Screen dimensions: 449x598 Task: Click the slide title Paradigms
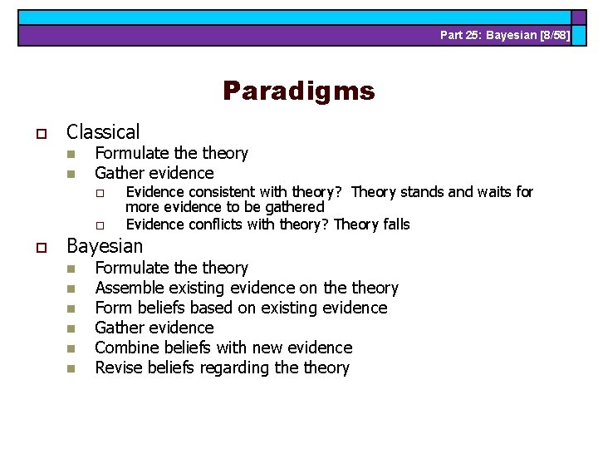click(x=298, y=91)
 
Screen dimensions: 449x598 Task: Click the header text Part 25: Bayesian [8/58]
click(x=505, y=35)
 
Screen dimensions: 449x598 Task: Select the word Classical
click(x=103, y=131)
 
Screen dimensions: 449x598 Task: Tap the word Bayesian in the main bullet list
click(x=105, y=246)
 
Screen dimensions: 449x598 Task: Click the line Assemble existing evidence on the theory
click(x=247, y=288)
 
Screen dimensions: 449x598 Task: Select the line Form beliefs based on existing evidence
click(x=241, y=308)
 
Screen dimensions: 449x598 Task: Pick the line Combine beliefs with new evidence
click(x=223, y=348)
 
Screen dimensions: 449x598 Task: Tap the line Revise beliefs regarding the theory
click(x=222, y=368)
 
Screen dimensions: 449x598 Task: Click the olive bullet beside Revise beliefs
click(x=71, y=368)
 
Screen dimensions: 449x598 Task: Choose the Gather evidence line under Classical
click(x=154, y=173)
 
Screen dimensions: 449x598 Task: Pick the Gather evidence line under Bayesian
click(x=154, y=328)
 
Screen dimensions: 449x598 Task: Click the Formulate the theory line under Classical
click(x=171, y=153)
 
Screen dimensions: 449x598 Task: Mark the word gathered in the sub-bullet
click(x=297, y=207)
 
